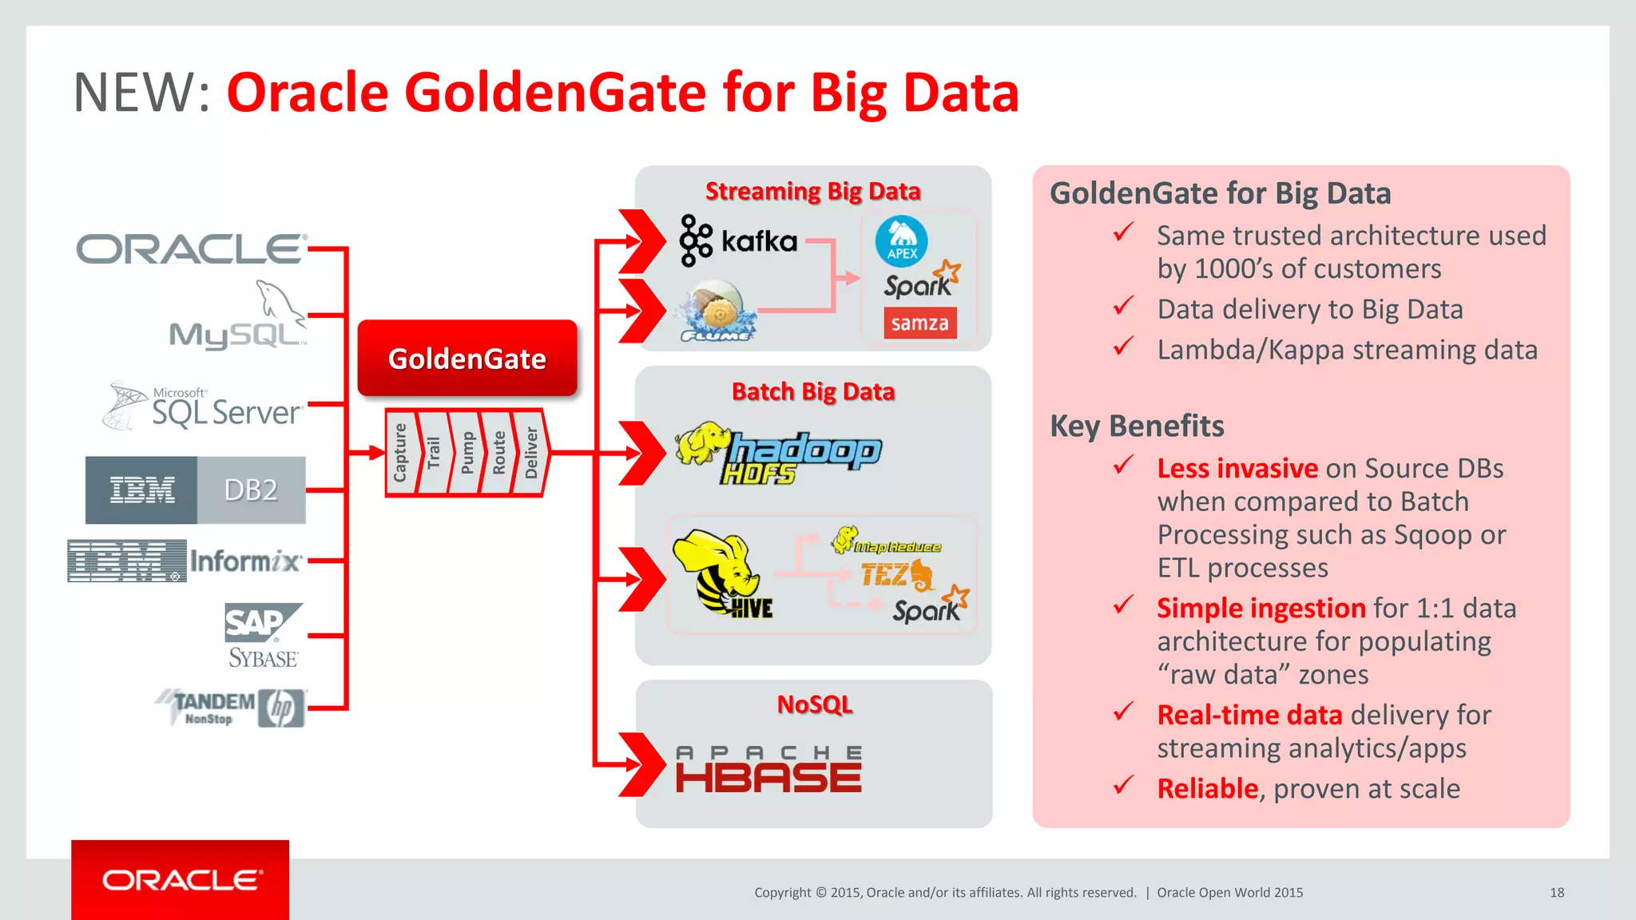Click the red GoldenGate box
467,359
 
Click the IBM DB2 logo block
196,490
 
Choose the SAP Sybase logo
263,636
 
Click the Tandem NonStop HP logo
231,708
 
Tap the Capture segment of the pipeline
401,453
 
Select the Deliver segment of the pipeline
531,453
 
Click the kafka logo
739,240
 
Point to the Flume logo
717,312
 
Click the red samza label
919,323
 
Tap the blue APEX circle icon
901,241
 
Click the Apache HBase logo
768,769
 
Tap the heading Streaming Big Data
812,192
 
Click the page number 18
1556,893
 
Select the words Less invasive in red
1237,468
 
